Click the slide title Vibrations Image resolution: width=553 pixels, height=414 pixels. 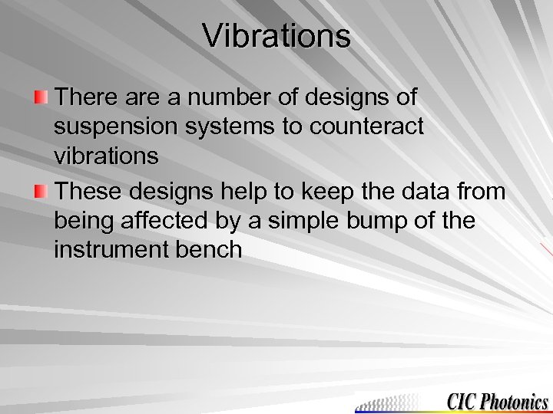(x=276, y=36)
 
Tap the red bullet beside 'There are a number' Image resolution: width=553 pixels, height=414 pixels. (x=41, y=97)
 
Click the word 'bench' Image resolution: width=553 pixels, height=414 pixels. (x=210, y=250)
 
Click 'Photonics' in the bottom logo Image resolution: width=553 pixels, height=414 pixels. (x=515, y=401)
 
